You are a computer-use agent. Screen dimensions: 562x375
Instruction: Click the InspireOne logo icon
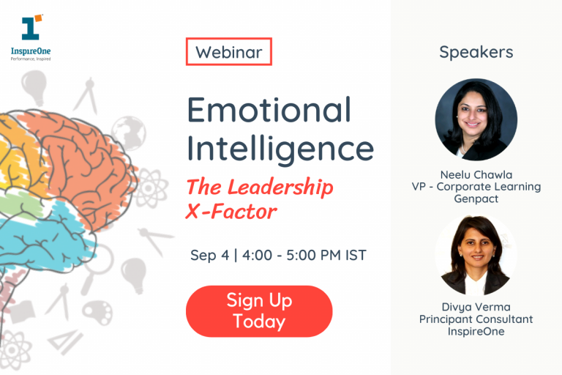pyautogui.click(x=32, y=27)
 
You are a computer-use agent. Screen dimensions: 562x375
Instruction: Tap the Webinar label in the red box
pyautogui.click(x=228, y=52)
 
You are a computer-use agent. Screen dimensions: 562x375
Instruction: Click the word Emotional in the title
pyautogui.click(x=269, y=110)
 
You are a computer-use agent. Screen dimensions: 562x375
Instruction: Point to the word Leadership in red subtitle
pyautogui.click(x=280, y=187)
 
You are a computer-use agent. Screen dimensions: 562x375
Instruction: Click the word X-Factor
pyautogui.click(x=231, y=212)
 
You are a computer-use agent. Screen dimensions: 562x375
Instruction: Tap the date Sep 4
pyautogui.click(x=209, y=255)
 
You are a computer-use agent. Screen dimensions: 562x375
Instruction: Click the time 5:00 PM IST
pyautogui.click(x=326, y=255)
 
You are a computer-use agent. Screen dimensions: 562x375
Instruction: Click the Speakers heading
pyautogui.click(x=476, y=53)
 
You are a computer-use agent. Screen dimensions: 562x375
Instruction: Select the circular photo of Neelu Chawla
pyautogui.click(x=476, y=119)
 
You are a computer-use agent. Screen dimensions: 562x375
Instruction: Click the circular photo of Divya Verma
pyautogui.click(x=476, y=255)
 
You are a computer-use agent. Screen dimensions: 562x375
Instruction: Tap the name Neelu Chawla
pyautogui.click(x=476, y=175)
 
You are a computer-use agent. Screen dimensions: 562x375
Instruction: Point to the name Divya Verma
pyautogui.click(x=476, y=308)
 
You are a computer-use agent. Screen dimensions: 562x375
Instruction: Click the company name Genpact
pyautogui.click(x=476, y=198)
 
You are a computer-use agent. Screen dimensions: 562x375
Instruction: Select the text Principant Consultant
pyautogui.click(x=476, y=319)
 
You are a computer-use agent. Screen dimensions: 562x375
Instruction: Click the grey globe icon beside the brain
pyautogui.click(x=129, y=132)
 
